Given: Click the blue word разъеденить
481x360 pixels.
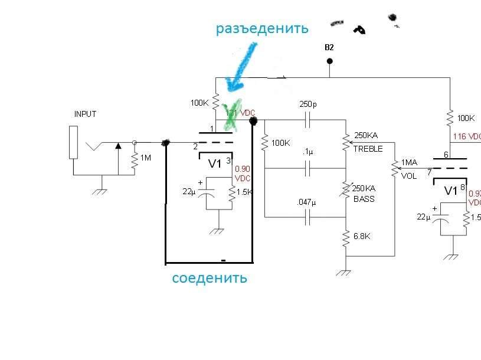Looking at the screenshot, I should click(x=262, y=28).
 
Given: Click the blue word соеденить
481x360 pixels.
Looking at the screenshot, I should click(x=210, y=278).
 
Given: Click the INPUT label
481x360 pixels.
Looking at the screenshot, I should click(x=85, y=114).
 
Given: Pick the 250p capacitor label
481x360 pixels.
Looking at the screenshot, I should click(x=308, y=104).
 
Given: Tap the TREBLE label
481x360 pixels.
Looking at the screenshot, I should click(x=368, y=148).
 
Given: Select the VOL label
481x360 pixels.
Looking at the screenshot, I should click(x=408, y=176).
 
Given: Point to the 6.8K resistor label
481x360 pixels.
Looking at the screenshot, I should click(x=362, y=236).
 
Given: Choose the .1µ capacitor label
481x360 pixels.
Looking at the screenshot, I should click(x=307, y=152).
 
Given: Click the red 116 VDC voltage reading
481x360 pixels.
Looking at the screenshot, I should click(x=467, y=137).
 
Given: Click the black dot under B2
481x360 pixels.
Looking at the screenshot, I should click(x=329, y=61).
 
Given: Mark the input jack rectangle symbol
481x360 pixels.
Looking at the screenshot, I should click(x=73, y=142).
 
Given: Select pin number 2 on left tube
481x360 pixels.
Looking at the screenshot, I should click(x=195, y=146).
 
